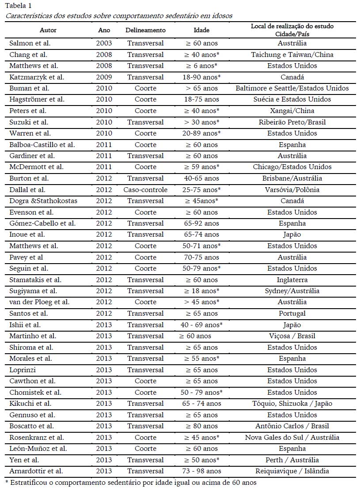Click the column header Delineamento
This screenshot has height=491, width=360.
[145, 30]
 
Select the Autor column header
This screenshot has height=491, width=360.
[48, 30]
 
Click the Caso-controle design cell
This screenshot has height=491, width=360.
[145, 190]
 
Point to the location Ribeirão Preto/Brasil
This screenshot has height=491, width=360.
[292, 122]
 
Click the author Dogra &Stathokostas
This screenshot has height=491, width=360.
[43, 201]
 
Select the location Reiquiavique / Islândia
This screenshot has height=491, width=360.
[292, 471]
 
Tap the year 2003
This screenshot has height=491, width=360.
[104, 43]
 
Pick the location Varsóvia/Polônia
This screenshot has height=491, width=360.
[292, 190]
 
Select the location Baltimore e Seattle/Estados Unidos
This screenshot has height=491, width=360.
[292, 88]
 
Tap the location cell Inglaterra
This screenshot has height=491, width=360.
[292, 280]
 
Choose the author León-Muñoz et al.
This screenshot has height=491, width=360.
[38, 449]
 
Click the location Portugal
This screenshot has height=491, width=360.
[292, 313]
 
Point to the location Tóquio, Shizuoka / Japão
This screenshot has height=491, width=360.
[292, 404]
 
